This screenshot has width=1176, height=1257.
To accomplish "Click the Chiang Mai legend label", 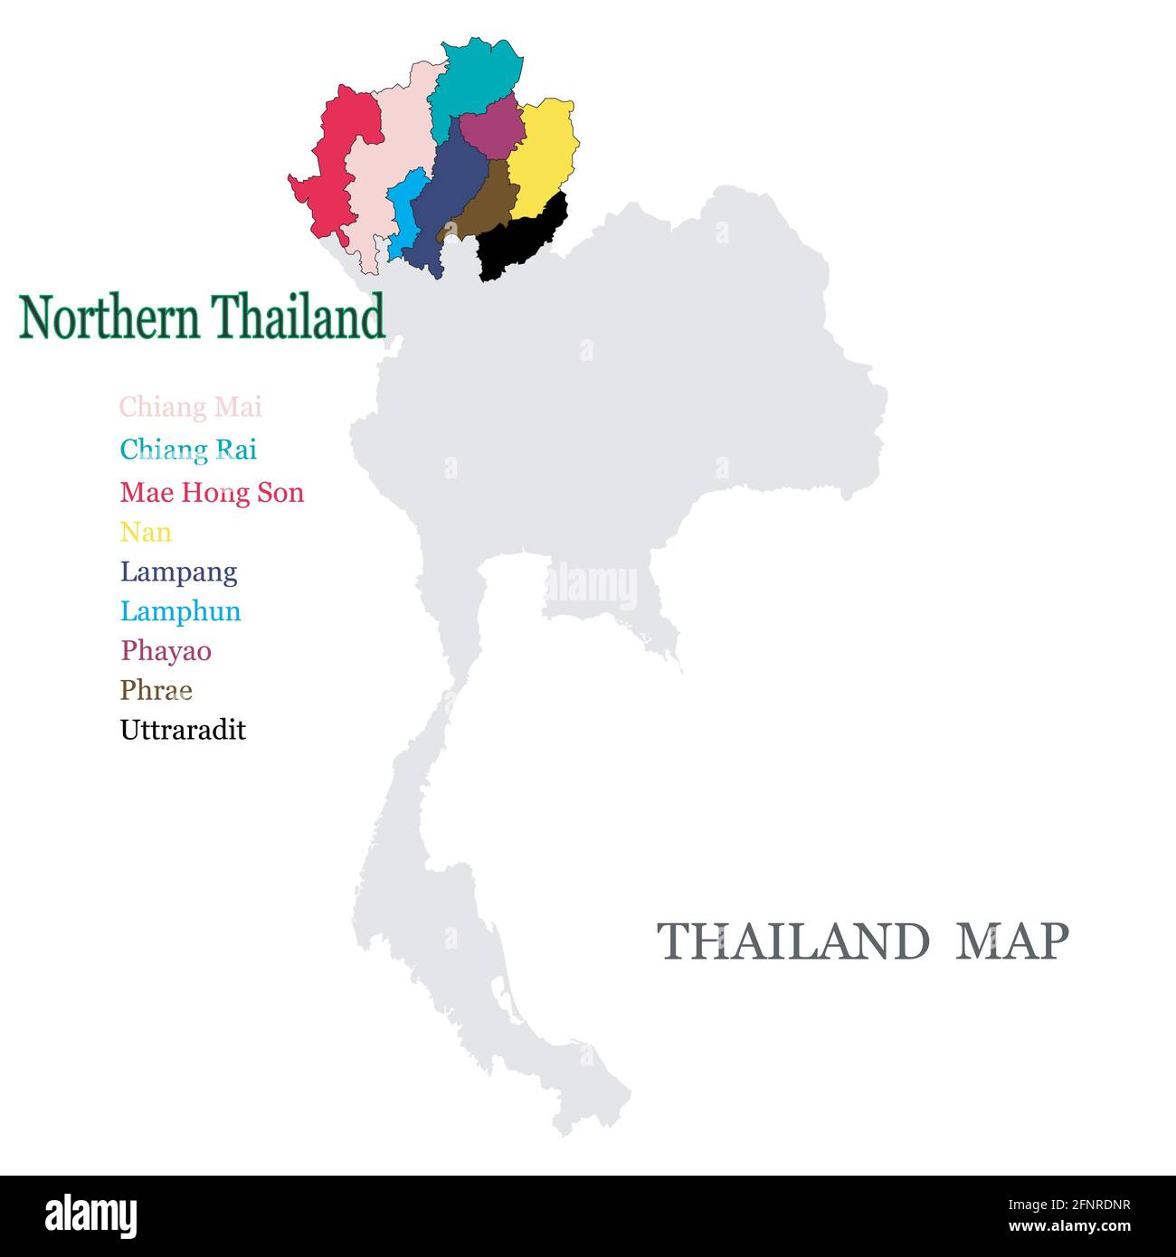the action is click(190, 408).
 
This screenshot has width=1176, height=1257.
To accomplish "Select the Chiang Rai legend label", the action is click(188, 449).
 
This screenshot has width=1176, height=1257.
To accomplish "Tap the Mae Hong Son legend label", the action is click(212, 493).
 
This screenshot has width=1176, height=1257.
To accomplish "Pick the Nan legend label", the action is click(146, 533).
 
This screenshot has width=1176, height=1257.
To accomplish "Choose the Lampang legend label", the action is click(178, 572).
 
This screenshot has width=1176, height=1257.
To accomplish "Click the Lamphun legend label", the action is click(180, 612).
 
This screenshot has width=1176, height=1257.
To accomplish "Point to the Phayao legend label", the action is click(166, 651).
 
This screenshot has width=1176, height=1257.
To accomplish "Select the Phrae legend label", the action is click(156, 691).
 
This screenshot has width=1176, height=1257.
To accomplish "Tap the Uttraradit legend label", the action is click(183, 731).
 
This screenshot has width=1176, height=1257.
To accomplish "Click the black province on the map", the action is click(520, 240).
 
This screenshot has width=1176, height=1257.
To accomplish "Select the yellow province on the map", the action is click(542, 154).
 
